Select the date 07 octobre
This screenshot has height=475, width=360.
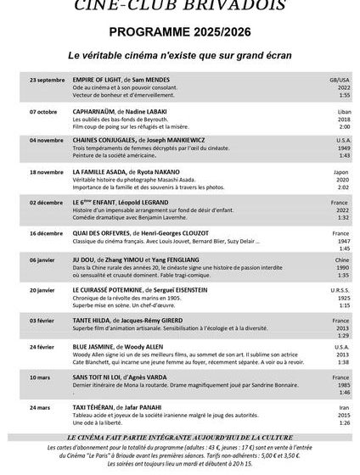click(44, 111)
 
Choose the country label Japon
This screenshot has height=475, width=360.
click(341, 171)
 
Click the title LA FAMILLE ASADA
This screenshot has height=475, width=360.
click(99, 171)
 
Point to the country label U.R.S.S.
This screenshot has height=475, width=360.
click(340, 290)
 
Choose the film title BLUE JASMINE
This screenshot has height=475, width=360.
click(96, 346)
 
